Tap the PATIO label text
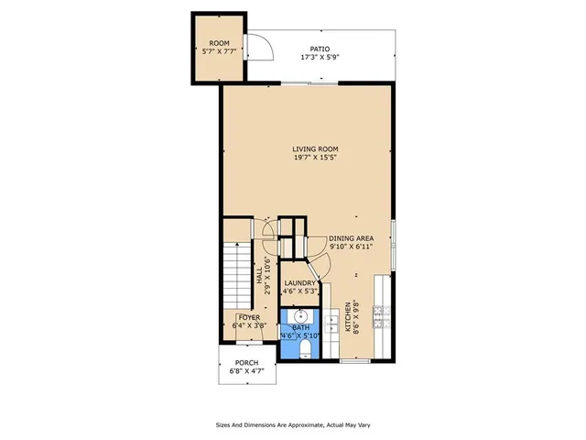click(x=319, y=49)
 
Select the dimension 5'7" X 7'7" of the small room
click(x=219, y=52)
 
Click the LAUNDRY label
click(x=299, y=283)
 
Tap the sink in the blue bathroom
click(x=298, y=318)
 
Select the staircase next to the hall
click(x=239, y=275)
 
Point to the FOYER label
click(x=249, y=317)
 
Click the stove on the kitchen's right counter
click(x=388, y=315)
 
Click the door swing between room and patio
click(x=259, y=46)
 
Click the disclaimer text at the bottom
click(x=293, y=424)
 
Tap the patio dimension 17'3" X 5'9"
click(x=319, y=58)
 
